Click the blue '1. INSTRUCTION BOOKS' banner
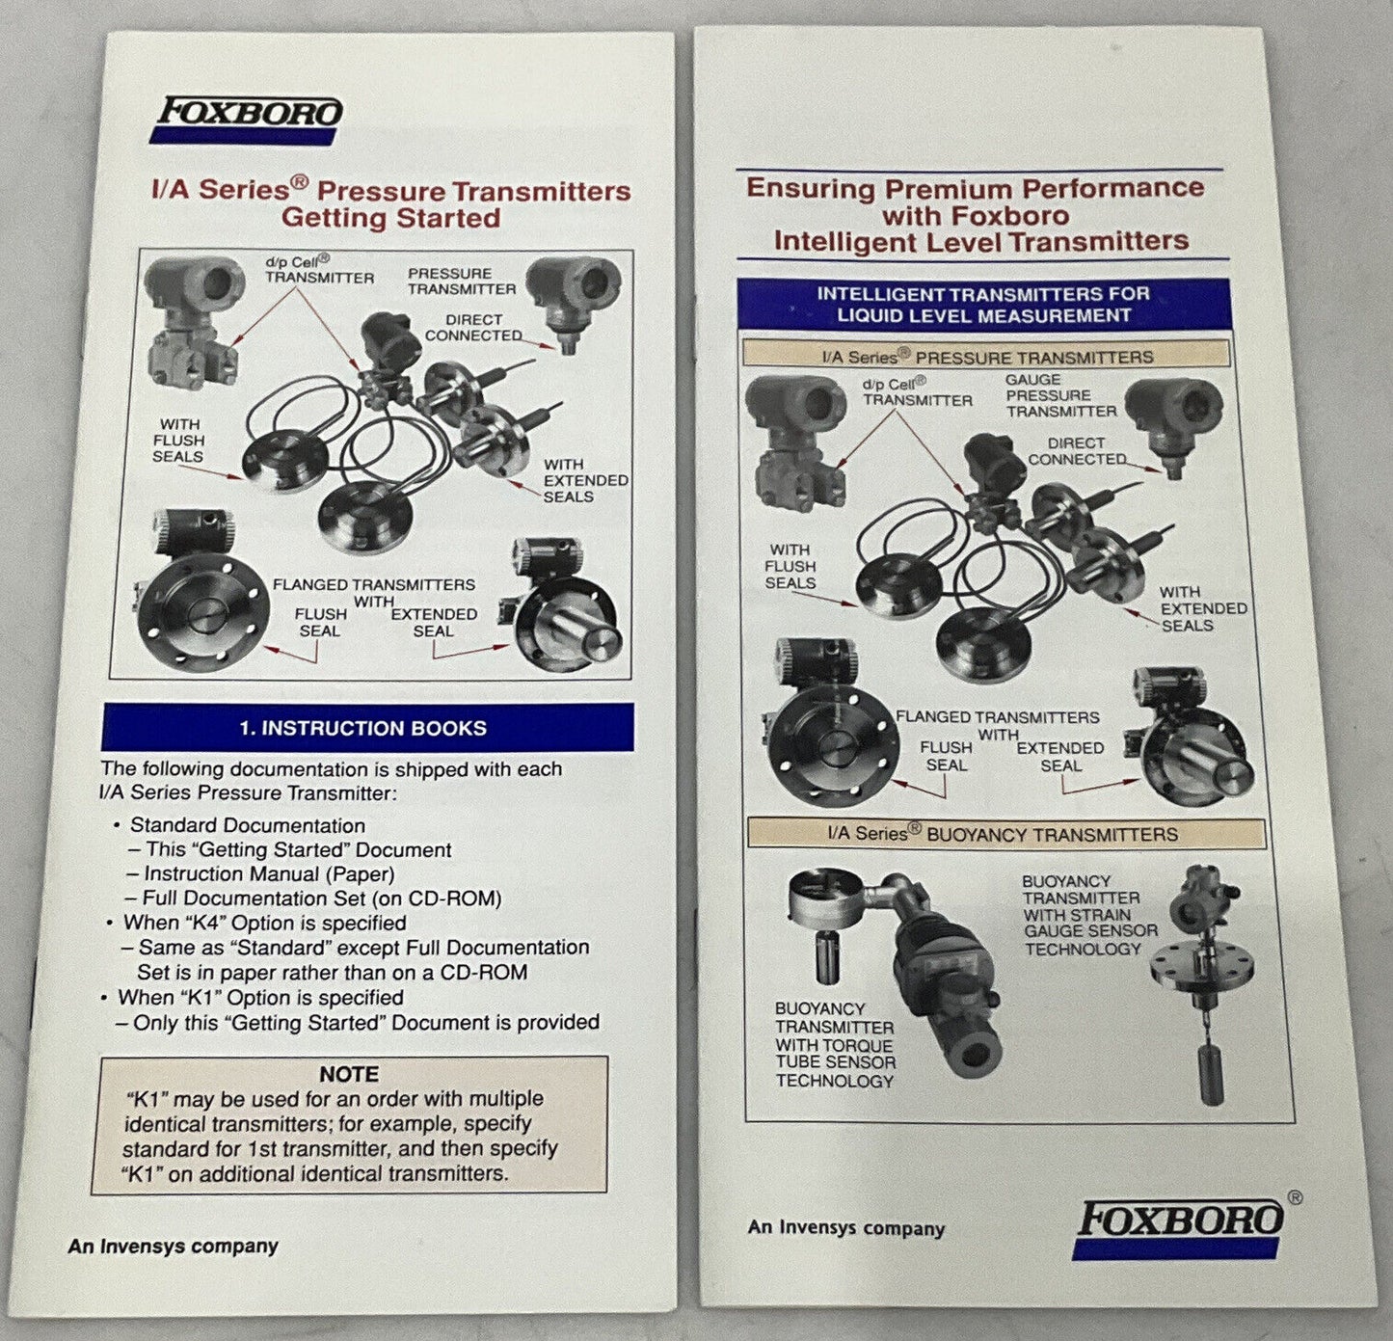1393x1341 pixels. (367, 728)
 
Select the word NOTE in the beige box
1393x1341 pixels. (349, 1074)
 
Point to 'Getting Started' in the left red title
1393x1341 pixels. (390, 218)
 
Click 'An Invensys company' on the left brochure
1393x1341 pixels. (173, 1247)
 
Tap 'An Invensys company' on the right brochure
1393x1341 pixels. (846, 1227)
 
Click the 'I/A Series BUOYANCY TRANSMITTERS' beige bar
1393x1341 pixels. (1005, 833)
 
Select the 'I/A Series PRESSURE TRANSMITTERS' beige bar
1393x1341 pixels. (987, 355)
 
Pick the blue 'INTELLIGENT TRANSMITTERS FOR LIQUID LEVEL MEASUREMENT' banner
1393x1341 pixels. (983, 304)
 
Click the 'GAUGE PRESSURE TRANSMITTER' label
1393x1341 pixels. (1060, 395)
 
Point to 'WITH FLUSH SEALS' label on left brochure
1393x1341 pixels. (178, 441)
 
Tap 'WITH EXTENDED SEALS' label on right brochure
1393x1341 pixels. (1203, 608)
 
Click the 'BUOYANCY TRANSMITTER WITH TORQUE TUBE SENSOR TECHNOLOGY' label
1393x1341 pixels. (835, 1045)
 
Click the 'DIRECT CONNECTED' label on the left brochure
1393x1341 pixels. (473, 327)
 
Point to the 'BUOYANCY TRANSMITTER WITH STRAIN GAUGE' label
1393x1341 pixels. (1089, 915)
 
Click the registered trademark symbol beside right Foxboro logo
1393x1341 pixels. (1295, 1197)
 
